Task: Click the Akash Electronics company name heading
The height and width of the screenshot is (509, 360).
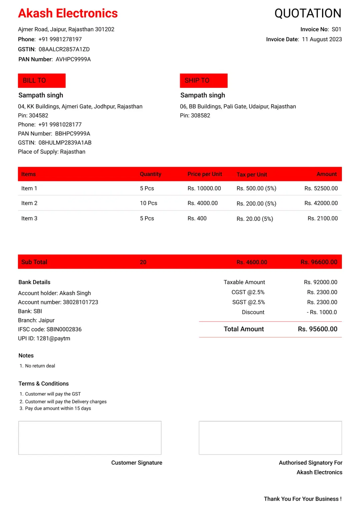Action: (x=68, y=13)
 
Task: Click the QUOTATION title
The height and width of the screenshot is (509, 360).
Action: (x=308, y=13)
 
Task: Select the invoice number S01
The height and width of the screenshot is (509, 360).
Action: (x=336, y=29)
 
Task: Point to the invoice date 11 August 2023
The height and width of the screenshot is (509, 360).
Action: (x=322, y=39)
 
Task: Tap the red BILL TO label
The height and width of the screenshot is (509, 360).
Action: (x=42, y=80)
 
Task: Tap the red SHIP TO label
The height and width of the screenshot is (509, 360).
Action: (x=203, y=80)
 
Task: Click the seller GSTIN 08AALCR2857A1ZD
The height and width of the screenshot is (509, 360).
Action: (x=64, y=49)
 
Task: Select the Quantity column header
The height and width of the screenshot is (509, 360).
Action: (x=150, y=174)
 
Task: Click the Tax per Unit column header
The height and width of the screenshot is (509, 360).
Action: (x=252, y=174)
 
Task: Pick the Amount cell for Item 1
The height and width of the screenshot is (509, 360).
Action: (x=321, y=188)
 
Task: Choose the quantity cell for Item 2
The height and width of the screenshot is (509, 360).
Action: (x=148, y=203)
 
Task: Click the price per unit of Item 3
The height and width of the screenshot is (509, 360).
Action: (x=197, y=218)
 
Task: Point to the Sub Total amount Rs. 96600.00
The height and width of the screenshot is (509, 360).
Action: (x=319, y=262)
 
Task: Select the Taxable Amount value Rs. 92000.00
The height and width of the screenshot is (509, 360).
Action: (x=320, y=282)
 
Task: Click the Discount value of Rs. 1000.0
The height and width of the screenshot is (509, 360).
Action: (x=322, y=312)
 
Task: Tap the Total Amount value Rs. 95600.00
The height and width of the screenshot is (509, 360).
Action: (x=317, y=329)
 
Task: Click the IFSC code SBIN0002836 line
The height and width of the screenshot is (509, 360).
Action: (x=50, y=329)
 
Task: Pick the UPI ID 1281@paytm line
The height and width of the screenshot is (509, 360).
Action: (x=44, y=338)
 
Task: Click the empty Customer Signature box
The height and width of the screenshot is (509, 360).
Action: (x=90, y=438)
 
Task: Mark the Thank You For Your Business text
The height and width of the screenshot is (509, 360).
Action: (x=302, y=499)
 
